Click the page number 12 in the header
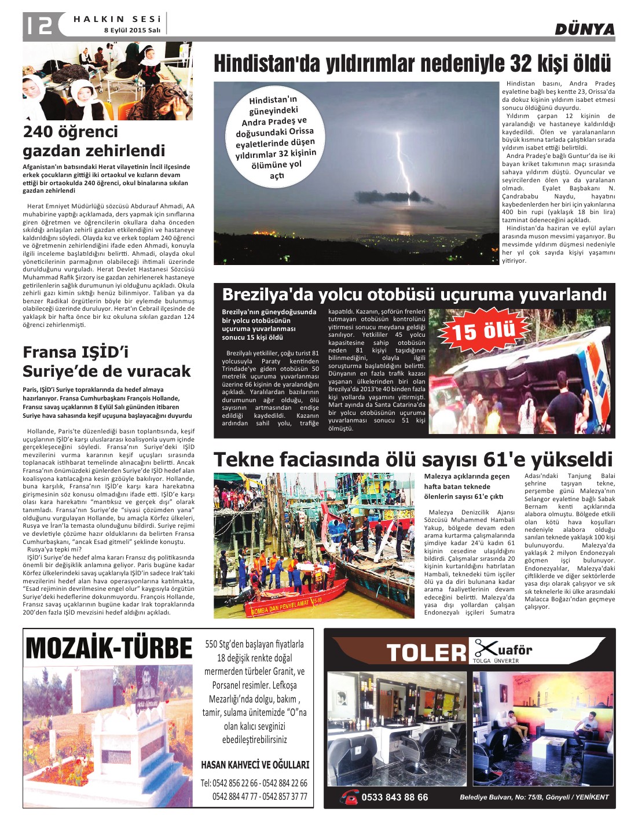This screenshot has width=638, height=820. pos(38,25)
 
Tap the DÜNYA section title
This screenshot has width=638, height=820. pos(584,30)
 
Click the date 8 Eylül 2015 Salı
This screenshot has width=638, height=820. pos(132,30)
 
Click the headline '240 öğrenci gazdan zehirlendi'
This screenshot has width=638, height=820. pos(94,141)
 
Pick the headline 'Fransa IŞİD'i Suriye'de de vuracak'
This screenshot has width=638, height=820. pos(107,362)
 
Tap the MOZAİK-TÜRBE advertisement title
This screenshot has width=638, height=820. pos(109,648)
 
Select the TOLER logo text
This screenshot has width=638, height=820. pos(426,653)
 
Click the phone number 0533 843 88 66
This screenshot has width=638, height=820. pos(394,797)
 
